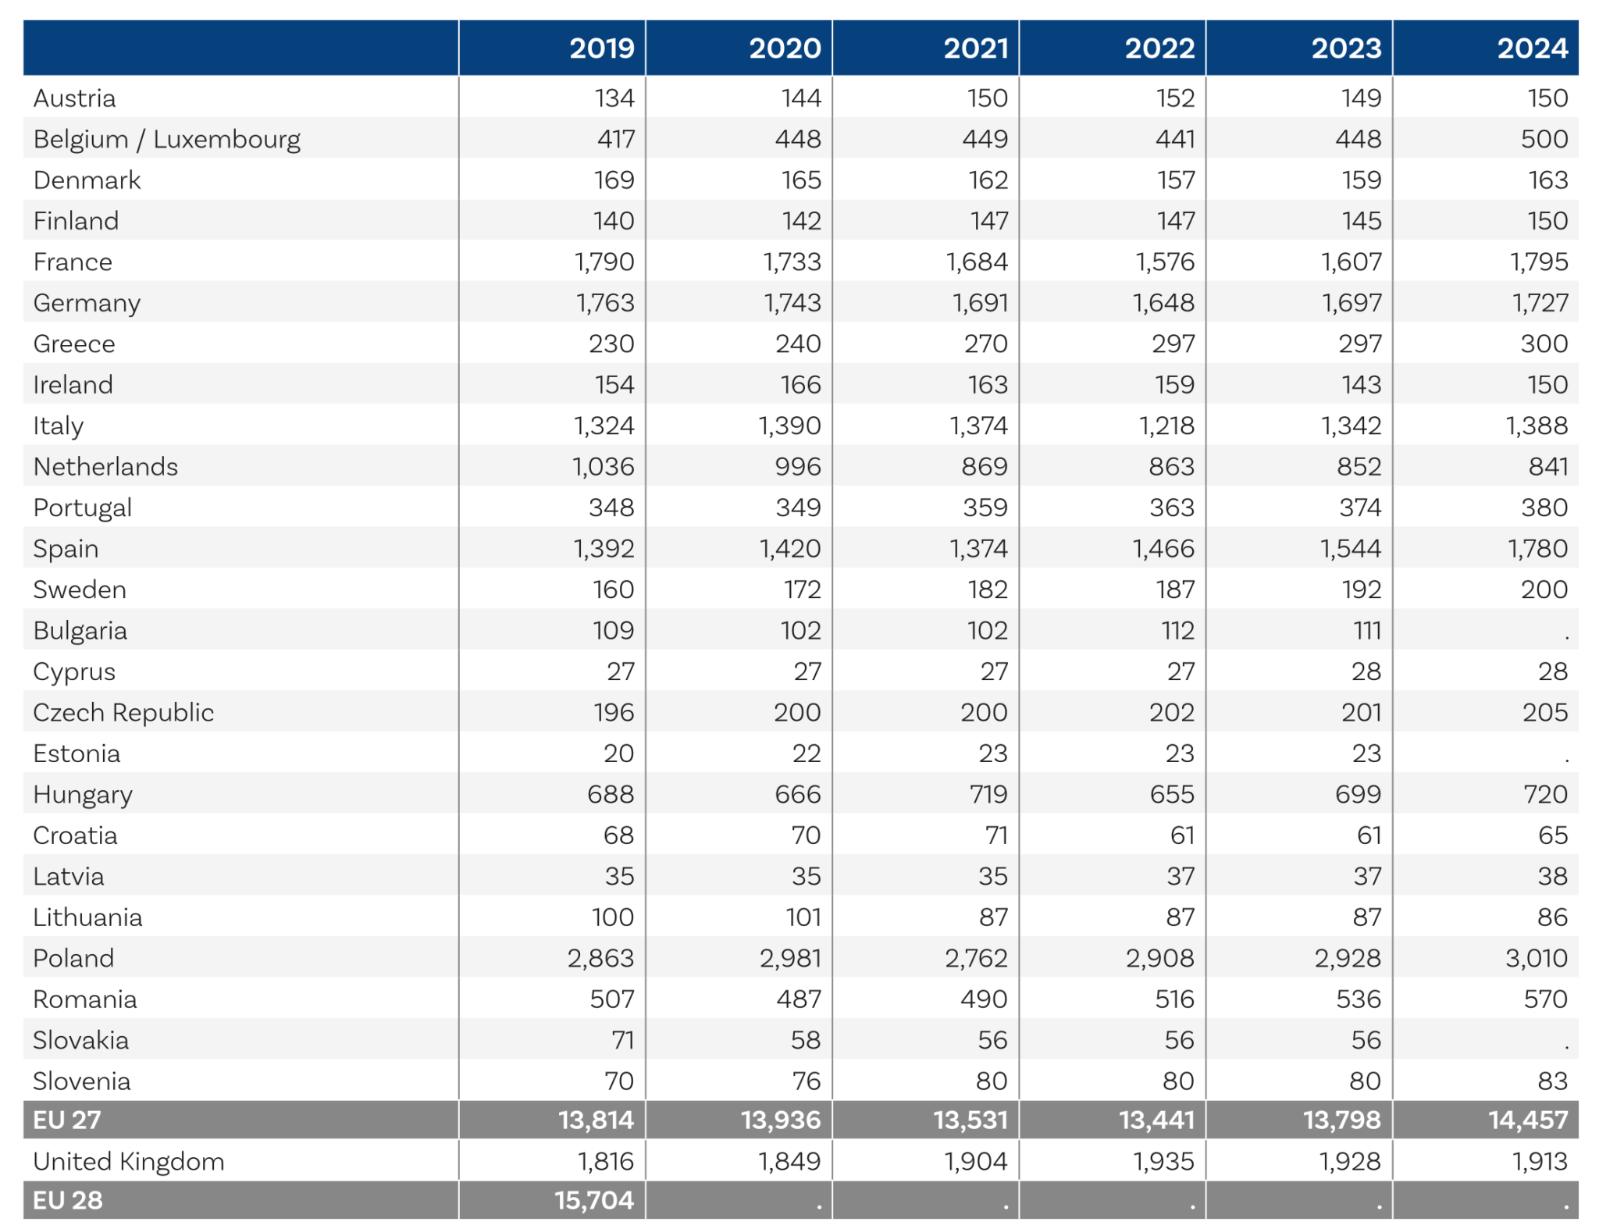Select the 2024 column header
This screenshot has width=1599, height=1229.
(1532, 48)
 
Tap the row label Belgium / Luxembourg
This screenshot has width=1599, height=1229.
(166, 139)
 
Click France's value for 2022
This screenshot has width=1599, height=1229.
(1164, 262)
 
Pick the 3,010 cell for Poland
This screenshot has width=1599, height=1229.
(1536, 958)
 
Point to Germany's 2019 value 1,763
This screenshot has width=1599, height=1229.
(605, 303)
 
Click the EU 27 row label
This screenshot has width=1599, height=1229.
(67, 1120)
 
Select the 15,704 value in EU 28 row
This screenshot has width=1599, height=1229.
(594, 1200)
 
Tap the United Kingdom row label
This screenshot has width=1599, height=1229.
(129, 1161)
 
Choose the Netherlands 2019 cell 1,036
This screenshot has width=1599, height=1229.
(603, 467)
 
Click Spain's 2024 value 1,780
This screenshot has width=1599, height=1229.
(1537, 549)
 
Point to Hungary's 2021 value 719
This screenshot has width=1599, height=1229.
(988, 794)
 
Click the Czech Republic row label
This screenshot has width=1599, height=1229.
(123, 712)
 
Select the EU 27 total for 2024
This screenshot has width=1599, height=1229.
(1527, 1120)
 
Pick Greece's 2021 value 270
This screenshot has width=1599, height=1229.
(985, 344)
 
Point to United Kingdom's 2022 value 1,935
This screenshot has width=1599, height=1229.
(1163, 1161)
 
